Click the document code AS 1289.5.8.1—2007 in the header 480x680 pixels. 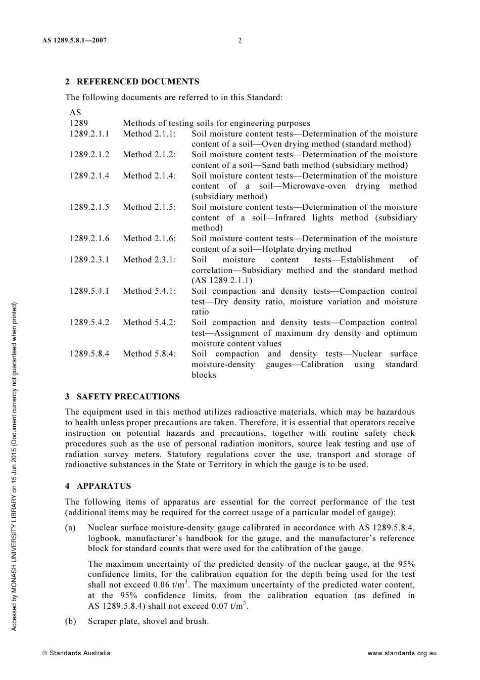tap(75, 40)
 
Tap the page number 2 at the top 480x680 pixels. tap(240, 40)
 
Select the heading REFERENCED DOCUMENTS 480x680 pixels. tap(137, 82)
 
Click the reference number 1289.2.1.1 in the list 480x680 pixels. tap(89, 134)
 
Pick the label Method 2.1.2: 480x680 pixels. tap(150, 155)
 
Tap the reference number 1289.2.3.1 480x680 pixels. tap(89, 260)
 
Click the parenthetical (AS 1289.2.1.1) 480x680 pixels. tap(222, 281)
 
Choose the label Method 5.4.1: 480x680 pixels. tap(150, 291)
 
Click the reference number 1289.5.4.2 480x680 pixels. tap(89, 323)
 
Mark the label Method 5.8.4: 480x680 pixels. tap(150, 354)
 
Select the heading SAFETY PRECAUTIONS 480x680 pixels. tap(128, 397)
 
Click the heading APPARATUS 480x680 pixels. tap(104, 486)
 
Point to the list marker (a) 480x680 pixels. tap(71, 528)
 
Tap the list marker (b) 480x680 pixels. tap(71, 621)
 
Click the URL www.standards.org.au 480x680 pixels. tap(402, 653)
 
